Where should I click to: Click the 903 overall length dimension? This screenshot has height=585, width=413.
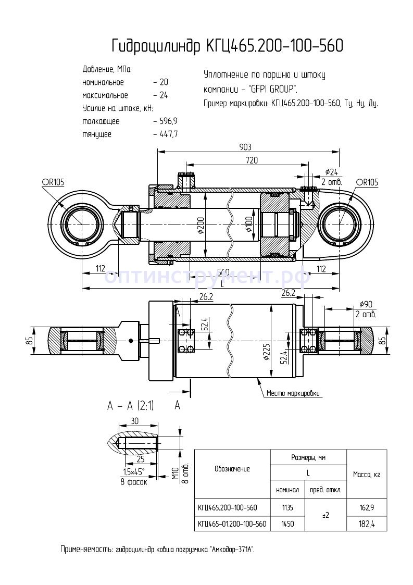248,146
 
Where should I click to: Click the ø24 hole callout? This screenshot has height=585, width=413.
332,172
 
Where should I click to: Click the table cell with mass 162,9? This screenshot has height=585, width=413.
367,507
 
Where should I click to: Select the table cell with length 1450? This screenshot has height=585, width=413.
287,524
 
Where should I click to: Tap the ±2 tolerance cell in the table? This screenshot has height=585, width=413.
326,515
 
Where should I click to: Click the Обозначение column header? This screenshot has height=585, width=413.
232,469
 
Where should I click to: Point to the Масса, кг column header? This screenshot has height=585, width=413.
367,474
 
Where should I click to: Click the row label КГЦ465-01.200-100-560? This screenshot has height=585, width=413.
232,524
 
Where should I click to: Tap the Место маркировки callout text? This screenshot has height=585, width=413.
293,393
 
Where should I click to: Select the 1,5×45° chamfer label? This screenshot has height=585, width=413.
134,472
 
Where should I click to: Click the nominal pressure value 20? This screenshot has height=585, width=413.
164,82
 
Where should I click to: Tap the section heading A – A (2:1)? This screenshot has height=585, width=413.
131,406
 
